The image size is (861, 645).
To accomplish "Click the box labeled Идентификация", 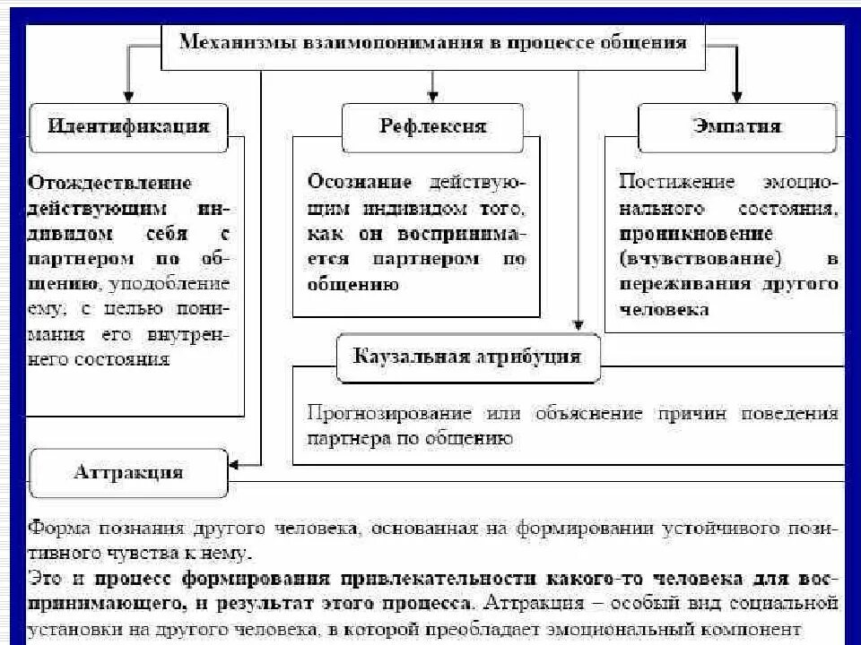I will tap(128, 125).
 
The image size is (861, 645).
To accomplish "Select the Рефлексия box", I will tap(431, 125).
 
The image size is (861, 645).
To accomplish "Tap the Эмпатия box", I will tap(736, 125).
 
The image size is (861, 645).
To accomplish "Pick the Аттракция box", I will tap(128, 471).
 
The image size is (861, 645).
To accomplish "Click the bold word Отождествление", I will tap(109, 183).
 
